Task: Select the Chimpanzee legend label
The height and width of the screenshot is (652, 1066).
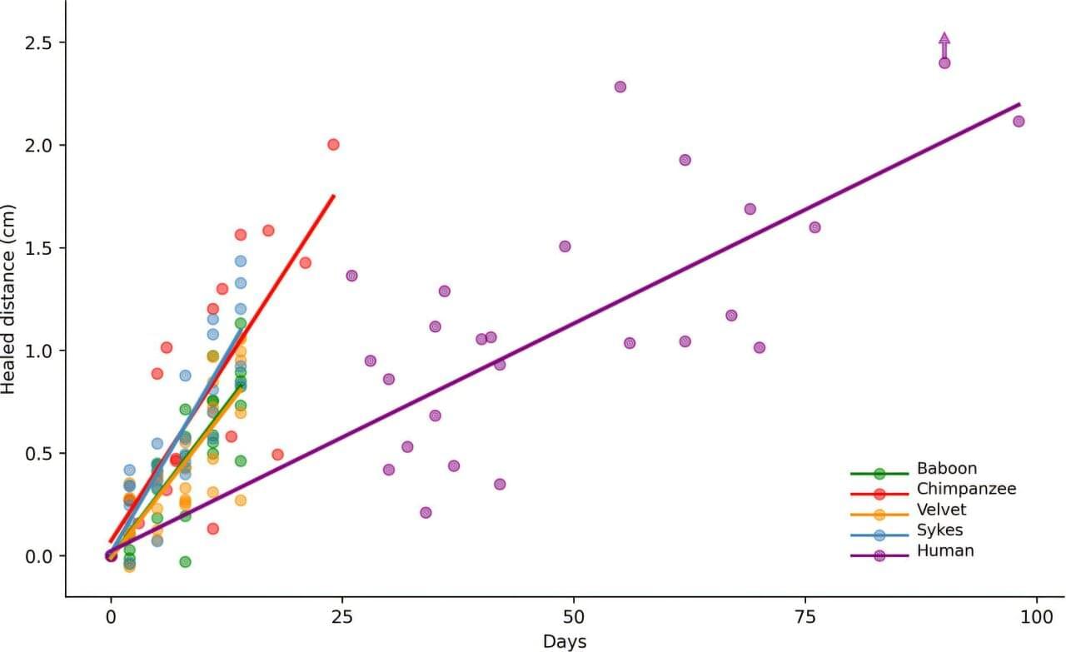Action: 966,489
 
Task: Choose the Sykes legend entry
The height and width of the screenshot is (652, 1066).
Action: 940,530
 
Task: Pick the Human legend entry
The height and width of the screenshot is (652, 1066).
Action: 945,550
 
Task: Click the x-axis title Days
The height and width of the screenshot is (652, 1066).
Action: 565,641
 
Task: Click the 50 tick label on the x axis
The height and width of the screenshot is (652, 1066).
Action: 574,618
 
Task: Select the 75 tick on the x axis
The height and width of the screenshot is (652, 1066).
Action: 805,618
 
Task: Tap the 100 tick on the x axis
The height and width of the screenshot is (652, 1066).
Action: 1037,618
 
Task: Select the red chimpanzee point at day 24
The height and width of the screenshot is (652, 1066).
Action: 333,144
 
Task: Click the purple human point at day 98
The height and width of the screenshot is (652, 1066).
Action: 1019,122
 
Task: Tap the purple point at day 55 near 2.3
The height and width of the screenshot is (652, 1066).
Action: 620,87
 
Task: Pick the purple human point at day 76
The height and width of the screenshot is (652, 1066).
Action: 814,227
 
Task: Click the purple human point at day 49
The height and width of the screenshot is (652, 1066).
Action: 565,246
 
